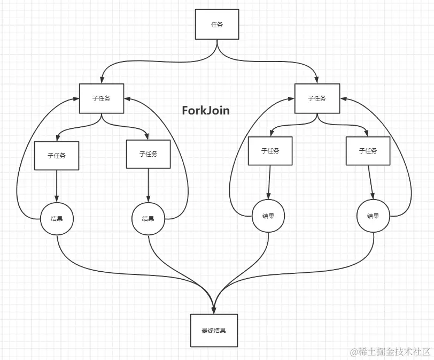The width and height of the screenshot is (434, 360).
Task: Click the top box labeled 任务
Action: (x=217, y=25)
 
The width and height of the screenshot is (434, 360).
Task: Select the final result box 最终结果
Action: (x=214, y=331)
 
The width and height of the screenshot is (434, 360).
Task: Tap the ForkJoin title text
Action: (x=206, y=111)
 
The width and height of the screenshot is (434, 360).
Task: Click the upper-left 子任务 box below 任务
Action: (x=102, y=98)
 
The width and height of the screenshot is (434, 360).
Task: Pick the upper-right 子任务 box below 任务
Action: (x=317, y=98)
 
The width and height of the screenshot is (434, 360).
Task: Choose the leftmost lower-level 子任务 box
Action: (x=57, y=156)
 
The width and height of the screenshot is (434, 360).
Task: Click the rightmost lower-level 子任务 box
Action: (x=368, y=151)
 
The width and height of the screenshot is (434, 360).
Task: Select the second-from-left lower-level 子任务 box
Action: (x=148, y=154)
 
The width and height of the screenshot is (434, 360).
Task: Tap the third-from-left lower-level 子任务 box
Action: (x=270, y=151)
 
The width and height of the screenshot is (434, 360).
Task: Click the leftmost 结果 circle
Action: (x=57, y=218)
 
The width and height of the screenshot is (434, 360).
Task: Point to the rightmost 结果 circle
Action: (x=373, y=216)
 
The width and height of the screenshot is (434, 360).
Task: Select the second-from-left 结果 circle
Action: (x=148, y=218)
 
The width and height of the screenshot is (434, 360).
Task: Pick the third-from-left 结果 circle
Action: (x=268, y=216)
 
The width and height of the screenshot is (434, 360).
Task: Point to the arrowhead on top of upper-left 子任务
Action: (x=102, y=80)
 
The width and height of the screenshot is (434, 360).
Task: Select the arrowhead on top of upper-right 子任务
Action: (x=317, y=80)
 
